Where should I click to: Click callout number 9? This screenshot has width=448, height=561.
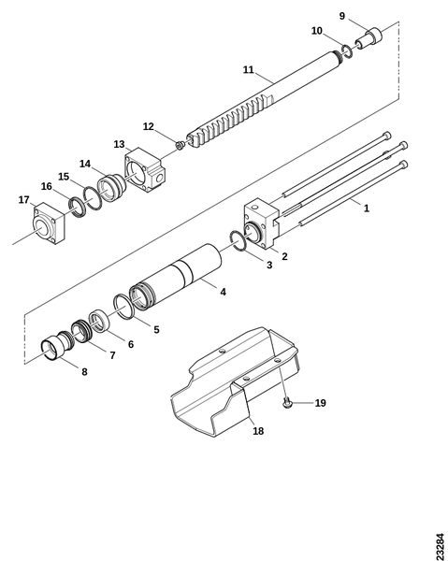pyautogui.click(x=342, y=16)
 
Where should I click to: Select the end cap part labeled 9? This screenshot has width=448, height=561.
pyautogui.click(x=369, y=39)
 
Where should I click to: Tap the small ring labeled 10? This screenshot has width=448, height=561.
pyautogui.click(x=347, y=50)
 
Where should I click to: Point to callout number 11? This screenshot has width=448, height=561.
pyautogui.click(x=249, y=70)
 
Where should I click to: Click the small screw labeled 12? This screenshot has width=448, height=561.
pyautogui.click(x=181, y=145)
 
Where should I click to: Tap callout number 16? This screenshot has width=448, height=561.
pyautogui.click(x=46, y=186)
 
